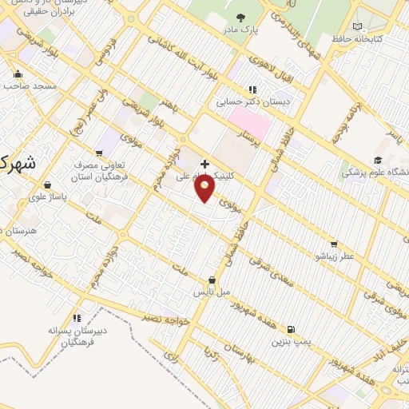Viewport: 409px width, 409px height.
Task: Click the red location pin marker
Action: pyautogui.click(x=205, y=188)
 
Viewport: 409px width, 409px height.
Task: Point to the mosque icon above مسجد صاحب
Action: pyautogui.click(x=17, y=73)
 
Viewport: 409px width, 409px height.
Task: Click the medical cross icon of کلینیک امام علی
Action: pyautogui.click(x=204, y=163)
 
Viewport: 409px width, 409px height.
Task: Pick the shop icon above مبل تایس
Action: pyautogui.click(x=211, y=280)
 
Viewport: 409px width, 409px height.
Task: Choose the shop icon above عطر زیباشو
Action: pyautogui.click(x=333, y=244)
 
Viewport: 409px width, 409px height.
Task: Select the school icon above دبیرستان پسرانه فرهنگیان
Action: pyautogui.click(x=76, y=318)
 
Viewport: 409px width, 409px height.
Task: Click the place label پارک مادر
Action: pyautogui.click(x=242, y=30)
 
